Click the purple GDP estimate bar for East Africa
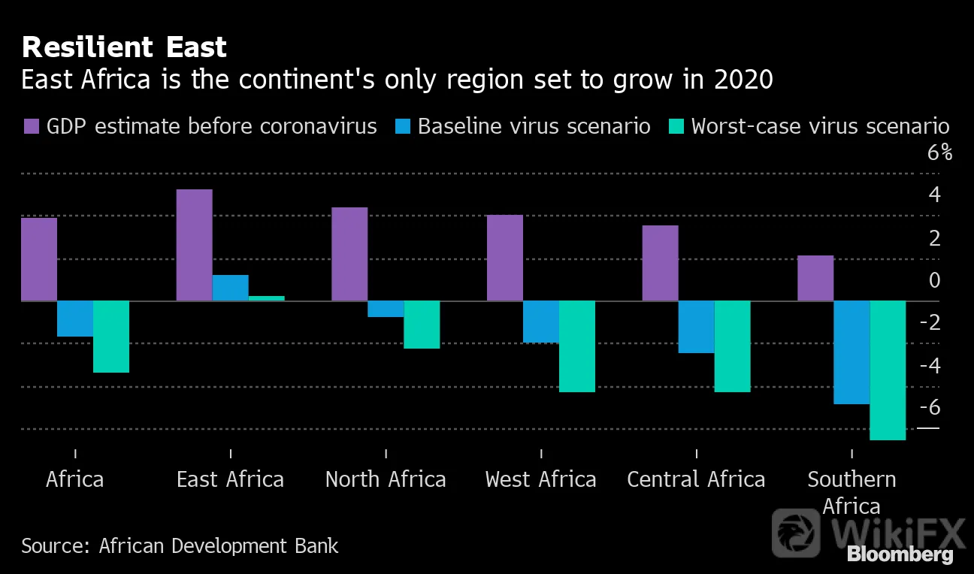(195, 245)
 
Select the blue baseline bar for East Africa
(231, 288)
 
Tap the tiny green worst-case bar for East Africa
(267, 298)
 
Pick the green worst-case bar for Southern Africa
(888, 370)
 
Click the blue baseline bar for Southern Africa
(851, 352)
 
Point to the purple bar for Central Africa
(660, 263)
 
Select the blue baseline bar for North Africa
(386, 309)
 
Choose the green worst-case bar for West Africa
(577, 346)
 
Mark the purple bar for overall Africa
(39, 259)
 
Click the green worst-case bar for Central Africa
(732, 346)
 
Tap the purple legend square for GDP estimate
(32, 126)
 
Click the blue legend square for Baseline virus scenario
(403, 126)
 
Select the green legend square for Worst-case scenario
(676, 126)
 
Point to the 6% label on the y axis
(939, 153)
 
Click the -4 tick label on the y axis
(930, 365)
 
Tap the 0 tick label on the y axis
(934, 280)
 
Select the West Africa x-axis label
(540, 479)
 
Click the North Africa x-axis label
(386, 479)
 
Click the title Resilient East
(124, 47)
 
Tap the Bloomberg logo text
(900, 554)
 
